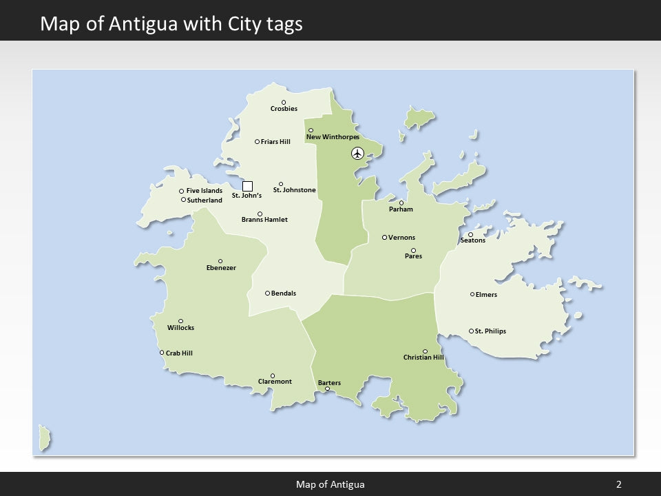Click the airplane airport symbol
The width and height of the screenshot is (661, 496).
(357, 153)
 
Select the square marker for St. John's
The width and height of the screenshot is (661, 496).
(248, 186)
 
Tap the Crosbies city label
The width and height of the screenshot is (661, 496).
(284, 109)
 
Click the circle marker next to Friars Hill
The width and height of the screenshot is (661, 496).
(258, 142)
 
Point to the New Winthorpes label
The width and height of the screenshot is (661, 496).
(333, 137)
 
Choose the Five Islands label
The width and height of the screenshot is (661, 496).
(204, 191)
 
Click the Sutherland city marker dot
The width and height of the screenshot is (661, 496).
(183, 200)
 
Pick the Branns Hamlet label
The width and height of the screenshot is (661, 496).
(264, 220)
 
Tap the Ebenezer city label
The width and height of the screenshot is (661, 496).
(221, 267)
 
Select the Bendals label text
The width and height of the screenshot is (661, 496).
(284, 293)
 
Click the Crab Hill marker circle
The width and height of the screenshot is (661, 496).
(162, 353)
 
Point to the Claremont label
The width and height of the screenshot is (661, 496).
(275, 382)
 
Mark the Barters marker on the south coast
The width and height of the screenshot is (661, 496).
(327, 389)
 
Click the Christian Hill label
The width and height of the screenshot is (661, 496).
(423, 358)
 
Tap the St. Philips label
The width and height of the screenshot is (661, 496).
(490, 331)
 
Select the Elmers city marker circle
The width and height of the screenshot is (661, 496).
(472, 294)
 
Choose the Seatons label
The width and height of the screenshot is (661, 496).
(472, 240)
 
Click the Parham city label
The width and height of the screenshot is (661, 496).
(401, 209)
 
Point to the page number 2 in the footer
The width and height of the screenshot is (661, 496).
(618, 484)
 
